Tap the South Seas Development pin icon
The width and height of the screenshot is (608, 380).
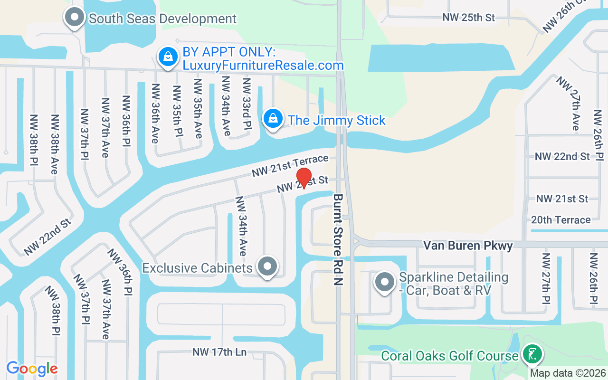pos(74,18)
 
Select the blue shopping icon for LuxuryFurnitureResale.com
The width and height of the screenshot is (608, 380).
pos(168,57)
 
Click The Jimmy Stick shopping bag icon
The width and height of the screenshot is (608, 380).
pos(273,119)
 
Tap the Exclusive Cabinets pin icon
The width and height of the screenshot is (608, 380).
pos(267,266)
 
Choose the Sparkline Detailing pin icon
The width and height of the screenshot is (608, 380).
pos(385,282)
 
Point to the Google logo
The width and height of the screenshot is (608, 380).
pos(32,369)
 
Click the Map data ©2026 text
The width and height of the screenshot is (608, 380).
pos(568,373)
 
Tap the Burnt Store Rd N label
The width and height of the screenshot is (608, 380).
pos(338,239)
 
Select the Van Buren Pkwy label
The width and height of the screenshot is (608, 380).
pos(468,246)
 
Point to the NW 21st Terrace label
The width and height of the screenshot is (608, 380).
pos(290,166)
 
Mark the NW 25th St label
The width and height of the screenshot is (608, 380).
pos(468,18)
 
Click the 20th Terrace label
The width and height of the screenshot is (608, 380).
pos(561,220)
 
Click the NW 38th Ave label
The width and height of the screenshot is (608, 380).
pos(55,144)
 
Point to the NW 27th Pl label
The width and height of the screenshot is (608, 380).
pos(545,278)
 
